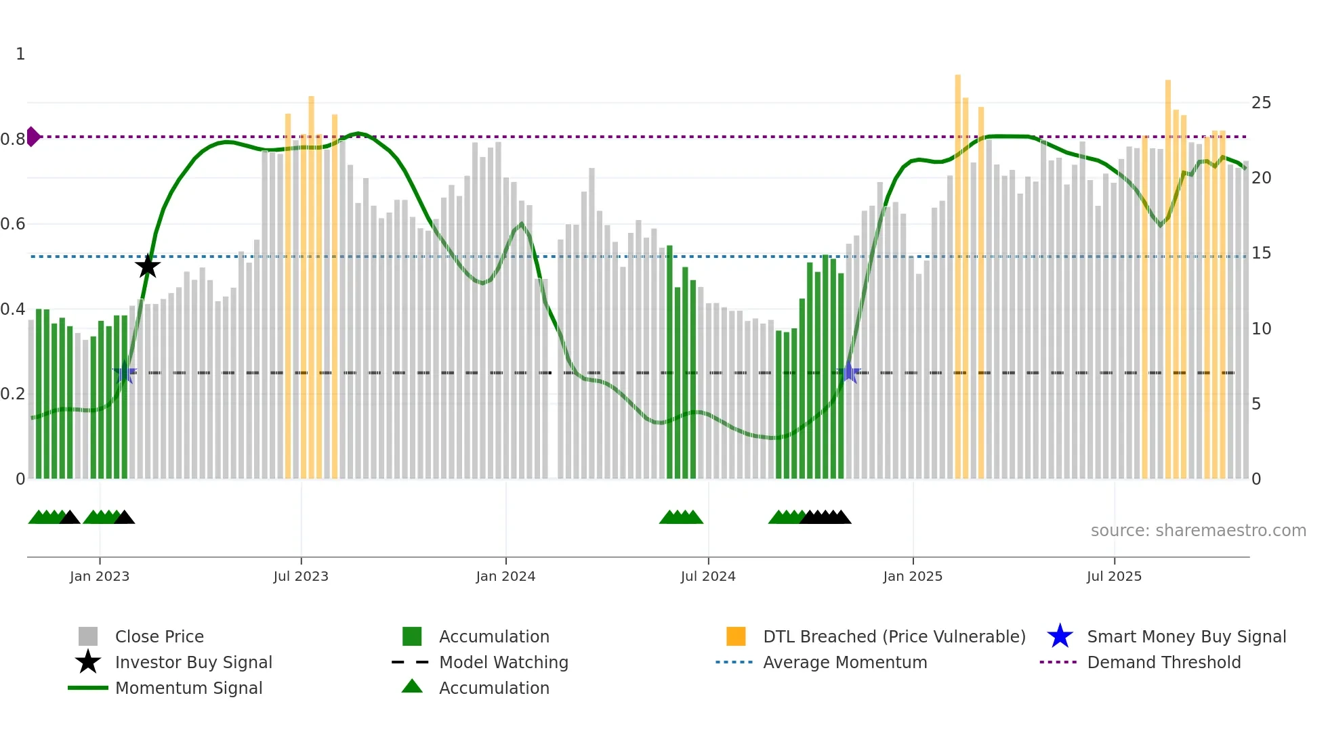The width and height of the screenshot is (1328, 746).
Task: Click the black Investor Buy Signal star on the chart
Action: tap(148, 266)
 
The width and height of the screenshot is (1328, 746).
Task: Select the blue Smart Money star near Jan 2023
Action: tap(125, 372)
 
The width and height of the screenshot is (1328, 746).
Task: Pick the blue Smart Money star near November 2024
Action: tap(849, 372)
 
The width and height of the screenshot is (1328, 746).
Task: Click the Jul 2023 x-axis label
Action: tap(301, 576)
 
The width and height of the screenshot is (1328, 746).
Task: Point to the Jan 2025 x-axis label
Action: tap(913, 576)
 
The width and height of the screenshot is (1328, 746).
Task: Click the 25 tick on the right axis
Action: tap(1261, 103)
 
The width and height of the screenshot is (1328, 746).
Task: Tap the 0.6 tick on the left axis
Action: tap(13, 224)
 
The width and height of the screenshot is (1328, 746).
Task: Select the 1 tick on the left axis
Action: tap(20, 54)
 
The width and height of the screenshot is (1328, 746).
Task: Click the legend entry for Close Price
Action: tap(159, 636)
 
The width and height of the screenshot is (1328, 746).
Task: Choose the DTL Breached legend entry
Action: tap(894, 636)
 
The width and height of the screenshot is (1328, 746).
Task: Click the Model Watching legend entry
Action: tap(503, 662)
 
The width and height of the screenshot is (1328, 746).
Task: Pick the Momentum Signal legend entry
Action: tap(188, 688)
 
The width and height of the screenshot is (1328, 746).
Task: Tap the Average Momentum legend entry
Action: tap(845, 662)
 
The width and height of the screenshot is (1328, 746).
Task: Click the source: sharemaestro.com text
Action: tap(1198, 530)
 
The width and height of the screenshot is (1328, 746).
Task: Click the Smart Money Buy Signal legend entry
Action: tap(1186, 636)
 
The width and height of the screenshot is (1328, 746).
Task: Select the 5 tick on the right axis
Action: tap(1256, 404)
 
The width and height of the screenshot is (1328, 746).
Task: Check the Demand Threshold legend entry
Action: tap(1163, 662)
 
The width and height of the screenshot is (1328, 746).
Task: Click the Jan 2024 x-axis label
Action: tap(505, 576)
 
